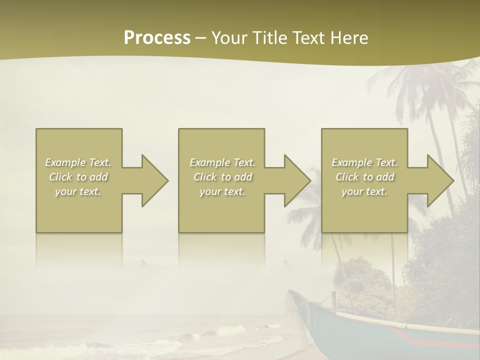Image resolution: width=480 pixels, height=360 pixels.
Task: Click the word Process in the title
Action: click(157, 38)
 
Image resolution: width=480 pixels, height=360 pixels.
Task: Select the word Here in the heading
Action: click(349, 38)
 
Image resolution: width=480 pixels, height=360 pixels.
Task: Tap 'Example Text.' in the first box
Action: click(78, 162)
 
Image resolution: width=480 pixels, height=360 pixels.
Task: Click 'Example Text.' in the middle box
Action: click(222, 162)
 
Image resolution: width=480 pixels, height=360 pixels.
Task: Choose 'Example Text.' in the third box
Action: click(364, 162)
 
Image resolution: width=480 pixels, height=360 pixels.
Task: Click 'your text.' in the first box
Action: click(78, 191)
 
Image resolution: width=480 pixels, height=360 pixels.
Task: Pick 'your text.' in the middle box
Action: click(222, 191)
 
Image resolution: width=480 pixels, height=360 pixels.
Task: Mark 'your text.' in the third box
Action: click(364, 191)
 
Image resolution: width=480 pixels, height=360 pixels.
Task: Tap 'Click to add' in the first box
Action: click(78, 177)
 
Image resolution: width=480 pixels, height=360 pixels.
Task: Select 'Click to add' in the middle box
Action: click(222, 177)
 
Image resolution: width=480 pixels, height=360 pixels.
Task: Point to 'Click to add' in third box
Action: click(364, 177)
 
